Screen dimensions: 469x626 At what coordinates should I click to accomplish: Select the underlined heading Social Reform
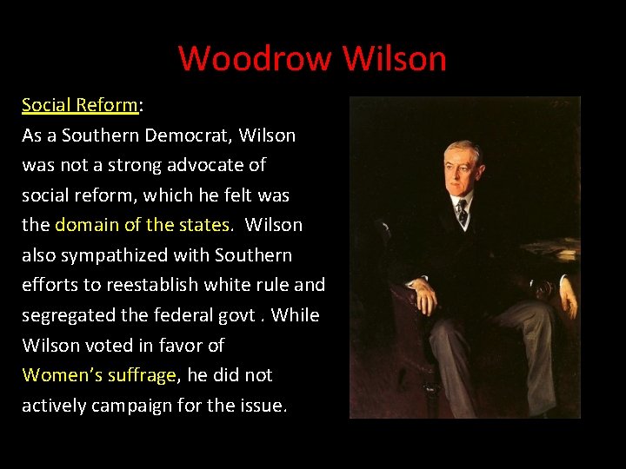point(80,105)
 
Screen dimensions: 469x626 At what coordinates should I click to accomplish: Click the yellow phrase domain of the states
point(143,225)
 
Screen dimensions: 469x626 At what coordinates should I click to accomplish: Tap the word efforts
point(50,285)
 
